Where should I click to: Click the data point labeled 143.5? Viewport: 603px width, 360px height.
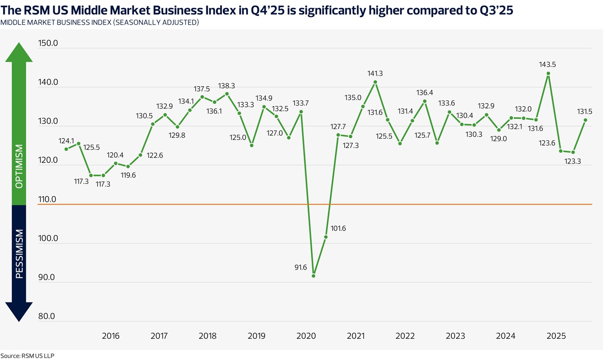tap(548, 74)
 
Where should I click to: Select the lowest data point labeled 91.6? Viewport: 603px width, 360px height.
tap(314, 276)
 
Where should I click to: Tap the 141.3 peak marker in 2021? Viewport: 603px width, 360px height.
tap(375, 82)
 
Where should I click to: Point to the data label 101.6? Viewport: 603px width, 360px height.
tap(338, 229)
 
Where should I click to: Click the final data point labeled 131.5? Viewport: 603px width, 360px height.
tap(586, 120)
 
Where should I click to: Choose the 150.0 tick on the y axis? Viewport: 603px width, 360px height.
tap(48, 44)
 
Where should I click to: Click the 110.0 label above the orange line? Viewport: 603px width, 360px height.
tap(48, 199)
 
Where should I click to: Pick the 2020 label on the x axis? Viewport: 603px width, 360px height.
tap(306, 336)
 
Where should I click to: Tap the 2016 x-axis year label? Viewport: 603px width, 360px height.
tap(111, 336)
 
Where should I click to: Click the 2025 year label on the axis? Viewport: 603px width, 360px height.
tap(556, 336)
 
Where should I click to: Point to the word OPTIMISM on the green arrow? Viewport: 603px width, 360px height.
tap(19, 166)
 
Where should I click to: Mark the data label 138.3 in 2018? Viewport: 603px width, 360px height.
tap(227, 86)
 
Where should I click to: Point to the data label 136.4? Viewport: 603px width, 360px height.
tap(425, 92)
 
